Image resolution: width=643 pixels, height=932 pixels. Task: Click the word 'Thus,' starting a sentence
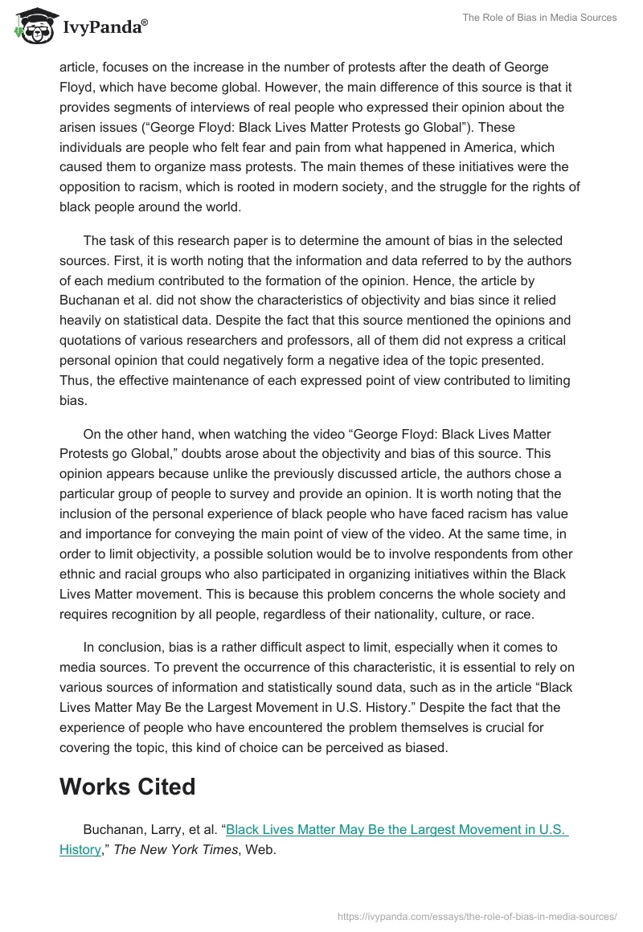point(76,382)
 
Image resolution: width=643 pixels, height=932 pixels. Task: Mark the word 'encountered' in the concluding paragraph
point(278,728)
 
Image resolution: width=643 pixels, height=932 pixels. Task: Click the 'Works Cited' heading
point(127,787)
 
